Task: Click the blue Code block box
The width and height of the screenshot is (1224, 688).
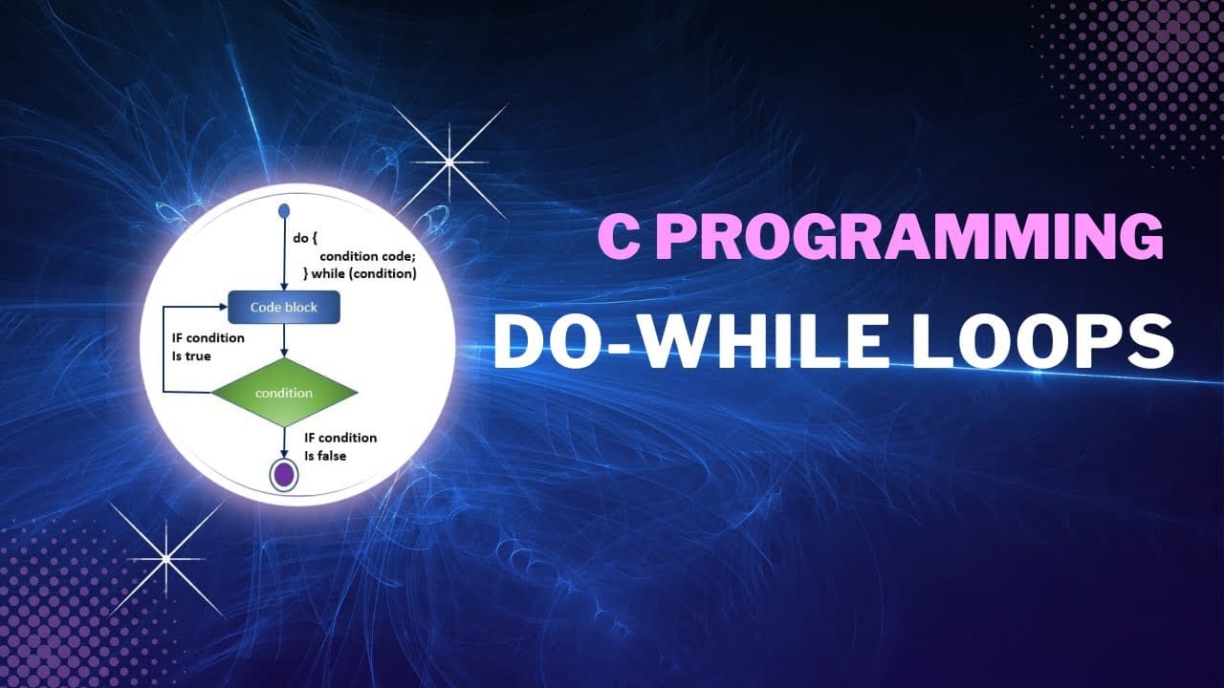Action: click(284, 307)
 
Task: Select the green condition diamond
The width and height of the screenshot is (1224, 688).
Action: click(284, 392)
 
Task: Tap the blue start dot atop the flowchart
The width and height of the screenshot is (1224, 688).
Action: click(284, 210)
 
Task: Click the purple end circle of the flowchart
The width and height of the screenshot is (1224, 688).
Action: click(284, 475)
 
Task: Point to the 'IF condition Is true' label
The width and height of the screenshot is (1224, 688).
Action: click(208, 347)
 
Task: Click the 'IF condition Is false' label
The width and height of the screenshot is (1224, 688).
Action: click(340, 446)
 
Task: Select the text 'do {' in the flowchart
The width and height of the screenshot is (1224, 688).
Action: click(305, 238)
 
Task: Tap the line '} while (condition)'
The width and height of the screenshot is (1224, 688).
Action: click(361, 273)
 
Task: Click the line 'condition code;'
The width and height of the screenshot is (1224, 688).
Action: click(367, 255)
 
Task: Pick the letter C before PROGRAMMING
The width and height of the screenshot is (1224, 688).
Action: click(619, 237)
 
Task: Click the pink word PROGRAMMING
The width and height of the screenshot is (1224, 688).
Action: click(910, 237)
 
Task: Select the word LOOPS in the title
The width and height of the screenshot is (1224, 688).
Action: click(1042, 341)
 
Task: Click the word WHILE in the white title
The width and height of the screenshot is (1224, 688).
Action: click(764, 341)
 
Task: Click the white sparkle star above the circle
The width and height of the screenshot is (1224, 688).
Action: click(449, 162)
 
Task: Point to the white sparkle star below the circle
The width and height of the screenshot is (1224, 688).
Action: click(166, 559)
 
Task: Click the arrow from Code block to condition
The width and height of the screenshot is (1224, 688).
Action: click(284, 341)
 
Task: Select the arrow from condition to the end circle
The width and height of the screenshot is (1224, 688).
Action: click(284, 442)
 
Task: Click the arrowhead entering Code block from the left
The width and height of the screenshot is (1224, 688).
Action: click(223, 307)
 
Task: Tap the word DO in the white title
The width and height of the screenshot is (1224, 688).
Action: click(546, 341)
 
